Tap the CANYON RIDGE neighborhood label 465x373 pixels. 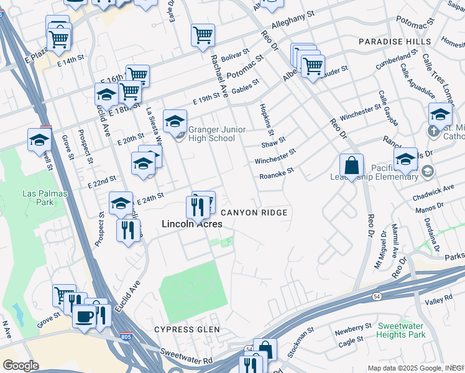tap(254, 213)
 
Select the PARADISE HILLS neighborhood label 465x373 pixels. tap(394, 41)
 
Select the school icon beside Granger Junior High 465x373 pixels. tap(175, 121)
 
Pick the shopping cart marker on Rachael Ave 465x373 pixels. tap(203, 35)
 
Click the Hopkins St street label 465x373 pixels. tap(267, 120)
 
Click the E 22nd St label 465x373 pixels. tap(102, 182)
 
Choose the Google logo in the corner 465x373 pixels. tap(21, 366)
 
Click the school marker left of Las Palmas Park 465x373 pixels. tap(39, 140)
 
